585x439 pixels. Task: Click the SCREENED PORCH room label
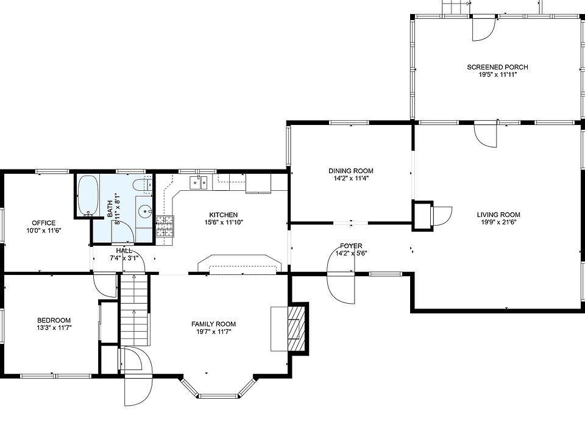click(497, 67)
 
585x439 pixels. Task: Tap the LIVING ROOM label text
click(498, 215)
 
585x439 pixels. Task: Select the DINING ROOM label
click(350, 171)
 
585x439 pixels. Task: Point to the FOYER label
click(351, 246)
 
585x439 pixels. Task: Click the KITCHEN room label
click(223, 215)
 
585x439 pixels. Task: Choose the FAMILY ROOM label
click(213, 324)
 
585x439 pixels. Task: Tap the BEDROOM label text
click(54, 320)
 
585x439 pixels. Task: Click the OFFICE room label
click(43, 223)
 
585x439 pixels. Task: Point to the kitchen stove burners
click(165, 227)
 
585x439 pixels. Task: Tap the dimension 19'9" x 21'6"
click(498, 223)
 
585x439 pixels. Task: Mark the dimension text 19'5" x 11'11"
click(497, 75)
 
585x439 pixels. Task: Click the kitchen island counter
click(239, 265)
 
